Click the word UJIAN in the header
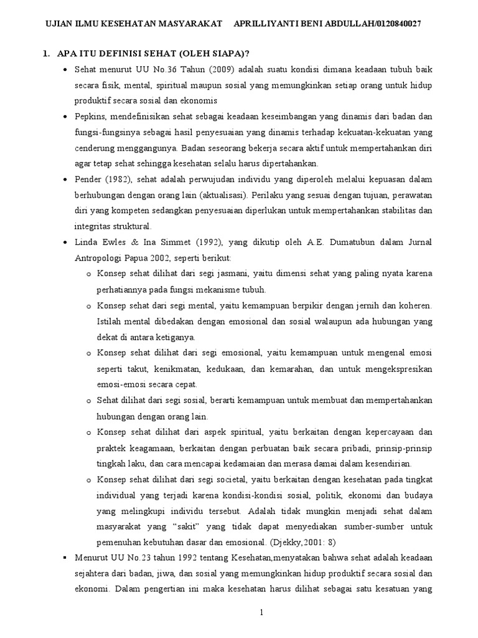[61, 24]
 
